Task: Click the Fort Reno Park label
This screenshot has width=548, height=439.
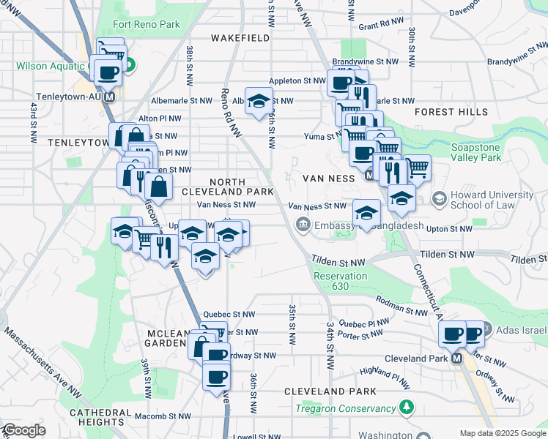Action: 146,24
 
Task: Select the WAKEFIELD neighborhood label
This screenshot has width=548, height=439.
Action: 240,37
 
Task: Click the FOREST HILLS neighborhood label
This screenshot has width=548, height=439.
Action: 451,112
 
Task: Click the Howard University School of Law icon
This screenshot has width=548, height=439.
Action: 440,198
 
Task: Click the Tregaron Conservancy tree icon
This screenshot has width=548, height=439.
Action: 407,407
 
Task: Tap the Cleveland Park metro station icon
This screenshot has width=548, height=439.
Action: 456,359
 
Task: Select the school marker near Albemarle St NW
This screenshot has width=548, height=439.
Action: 258,100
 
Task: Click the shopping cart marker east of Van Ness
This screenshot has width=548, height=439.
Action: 417,168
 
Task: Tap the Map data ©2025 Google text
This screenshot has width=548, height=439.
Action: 502,433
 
